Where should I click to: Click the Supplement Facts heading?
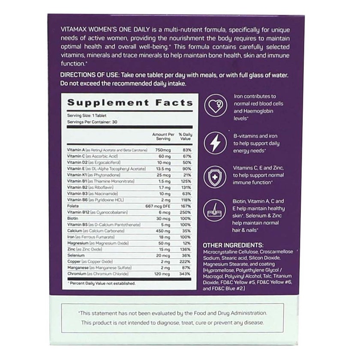pyautogui.click(x=129, y=103)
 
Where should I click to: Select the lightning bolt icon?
pyautogui.click(x=215, y=143)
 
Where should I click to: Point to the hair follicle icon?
pyautogui.click(x=215, y=212)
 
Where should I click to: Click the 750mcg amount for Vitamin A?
pyautogui.click(x=164, y=150)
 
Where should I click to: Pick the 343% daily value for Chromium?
pyautogui.click(x=185, y=273)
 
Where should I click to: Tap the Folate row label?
pyautogui.click(x=74, y=206)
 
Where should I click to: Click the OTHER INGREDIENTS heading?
pyautogui.click(x=231, y=244)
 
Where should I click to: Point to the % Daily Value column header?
pyautogui.click(x=184, y=137)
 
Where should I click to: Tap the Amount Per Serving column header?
pyautogui.click(x=163, y=137)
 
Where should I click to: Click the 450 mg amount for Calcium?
pyautogui.click(x=163, y=230)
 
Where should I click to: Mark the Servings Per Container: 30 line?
pyautogui.click(x=93, y=122)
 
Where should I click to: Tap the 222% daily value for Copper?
pyautogui.click(x=185, y=261)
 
